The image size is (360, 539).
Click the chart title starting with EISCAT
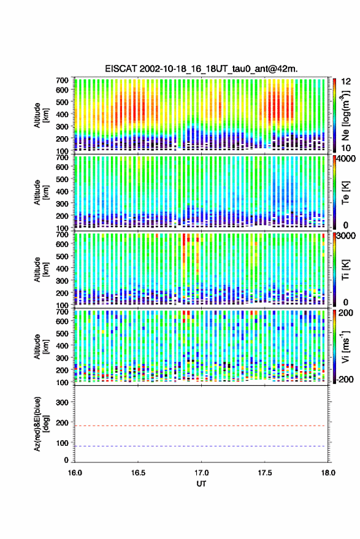pyautogui.click(x=201, y=69)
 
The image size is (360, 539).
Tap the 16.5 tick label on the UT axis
pyautogui.click(x=138, y=473)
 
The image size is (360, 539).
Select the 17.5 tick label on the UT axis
pyautogui.click(x=264, y=473)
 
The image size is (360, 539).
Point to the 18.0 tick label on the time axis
pyautogui.click(x=328, y=473)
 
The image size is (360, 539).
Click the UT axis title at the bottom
pyautogui.click(x=201, y=484)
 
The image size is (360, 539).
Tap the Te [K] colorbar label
pyautogui.click(x=345, y=193)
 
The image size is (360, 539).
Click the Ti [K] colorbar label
pyautogui.click(x=345, y=270)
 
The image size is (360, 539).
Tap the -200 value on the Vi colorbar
pyautogui.click(x=345, y=380)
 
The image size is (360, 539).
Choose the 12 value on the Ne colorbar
pyautogui.click(x=345, y=82)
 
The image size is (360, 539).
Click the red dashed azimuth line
pyautogui.click(x=201, y=426)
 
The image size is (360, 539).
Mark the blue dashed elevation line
pyautogui.click(x=201, y=446)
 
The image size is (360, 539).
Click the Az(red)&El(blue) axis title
pyautogui.click(x=41, y=424)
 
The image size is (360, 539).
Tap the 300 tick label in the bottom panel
pyautogui.click(x=62, y=402)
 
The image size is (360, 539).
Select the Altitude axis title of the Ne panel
pyautogui.click(x=41, y=115)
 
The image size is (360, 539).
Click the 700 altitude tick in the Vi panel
pyautogui.click(x=62, y=312)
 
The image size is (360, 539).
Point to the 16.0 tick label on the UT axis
pyautogui.click(x=75, y=473)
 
